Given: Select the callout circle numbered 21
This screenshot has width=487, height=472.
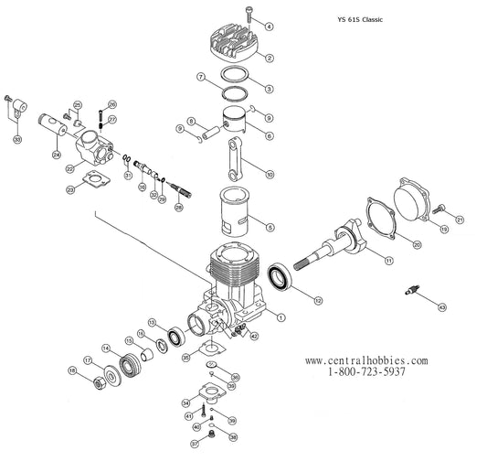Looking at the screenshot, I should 460,219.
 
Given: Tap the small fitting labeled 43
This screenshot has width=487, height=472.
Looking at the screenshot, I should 417,293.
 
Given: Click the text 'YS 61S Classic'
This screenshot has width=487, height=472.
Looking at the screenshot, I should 368,17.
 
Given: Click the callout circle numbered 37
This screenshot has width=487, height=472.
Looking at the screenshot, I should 194,444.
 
